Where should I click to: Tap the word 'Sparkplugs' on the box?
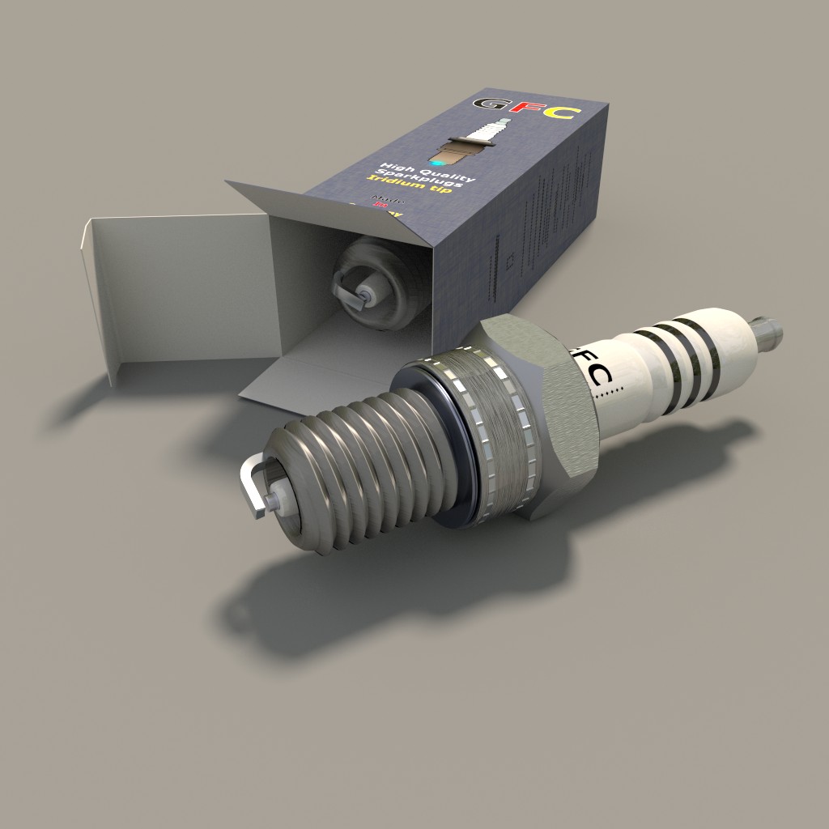pos(425,180)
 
